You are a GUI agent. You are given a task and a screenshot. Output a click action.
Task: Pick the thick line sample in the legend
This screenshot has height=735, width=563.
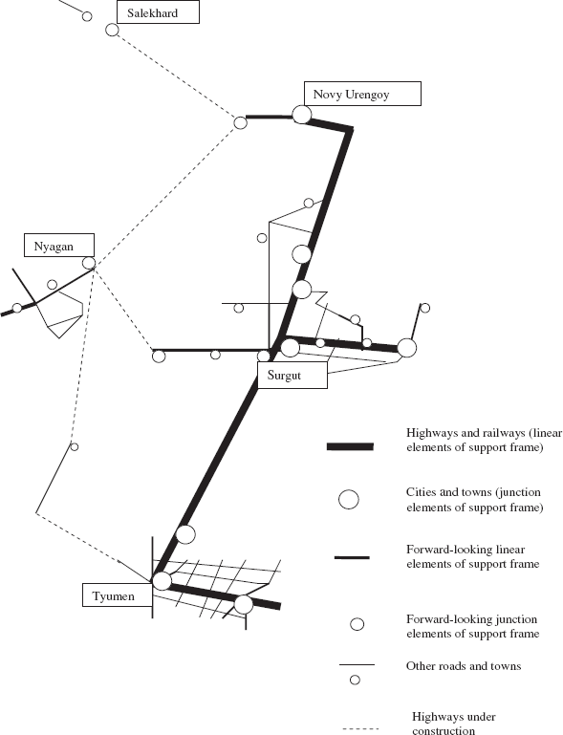click(350, 446)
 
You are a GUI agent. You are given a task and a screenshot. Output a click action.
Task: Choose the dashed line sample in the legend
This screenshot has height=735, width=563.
click(360, 729)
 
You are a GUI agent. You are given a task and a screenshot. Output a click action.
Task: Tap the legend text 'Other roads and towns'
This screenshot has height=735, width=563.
click(464, 666)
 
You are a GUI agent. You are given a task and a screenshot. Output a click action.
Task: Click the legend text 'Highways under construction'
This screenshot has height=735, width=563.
click(454, 724)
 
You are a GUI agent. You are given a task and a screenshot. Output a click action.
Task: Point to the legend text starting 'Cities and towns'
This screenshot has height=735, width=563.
click(474, 500)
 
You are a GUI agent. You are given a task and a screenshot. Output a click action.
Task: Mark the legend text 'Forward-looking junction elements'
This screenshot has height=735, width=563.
click(472, 626)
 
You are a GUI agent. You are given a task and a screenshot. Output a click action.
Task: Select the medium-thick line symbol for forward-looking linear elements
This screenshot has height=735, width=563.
click(352, 558)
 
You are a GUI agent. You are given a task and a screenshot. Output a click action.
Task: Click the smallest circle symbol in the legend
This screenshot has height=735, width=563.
click(355, 680)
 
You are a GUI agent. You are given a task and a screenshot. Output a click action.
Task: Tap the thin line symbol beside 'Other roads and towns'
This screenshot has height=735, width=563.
click(357, 664)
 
